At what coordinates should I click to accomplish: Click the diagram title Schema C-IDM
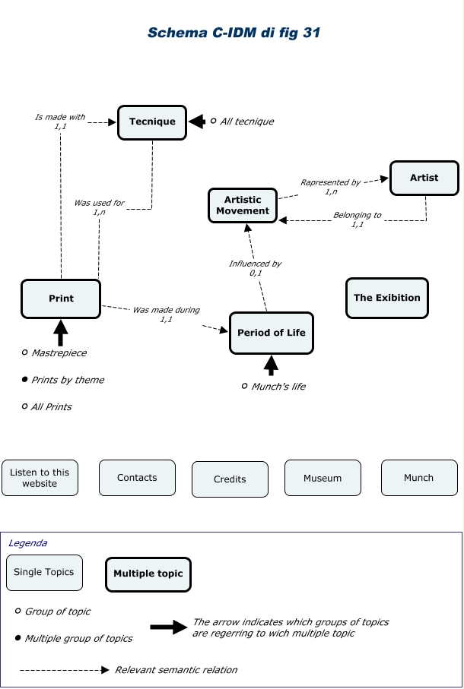click(234, 33)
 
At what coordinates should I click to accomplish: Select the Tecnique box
click(152, 122)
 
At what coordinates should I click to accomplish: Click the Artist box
click(424, 178)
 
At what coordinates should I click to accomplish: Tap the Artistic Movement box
click(243, 205)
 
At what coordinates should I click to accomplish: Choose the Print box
click(61, 299)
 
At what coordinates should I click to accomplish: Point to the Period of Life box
click(272, 333)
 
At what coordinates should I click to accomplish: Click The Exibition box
click(386, 298)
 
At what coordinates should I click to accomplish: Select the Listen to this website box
click(40, 478)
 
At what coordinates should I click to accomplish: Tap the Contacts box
click(137, 478)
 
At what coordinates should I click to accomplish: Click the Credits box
click(230, 479)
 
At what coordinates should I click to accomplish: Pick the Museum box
click(323, 478)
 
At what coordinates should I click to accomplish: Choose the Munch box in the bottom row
click(418, 478)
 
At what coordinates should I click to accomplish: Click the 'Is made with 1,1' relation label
click(60, 122)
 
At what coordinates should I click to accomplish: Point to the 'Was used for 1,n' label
click(99, 207)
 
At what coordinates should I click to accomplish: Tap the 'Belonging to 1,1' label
click(357, 220)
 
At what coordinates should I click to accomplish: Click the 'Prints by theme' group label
click(67, 380)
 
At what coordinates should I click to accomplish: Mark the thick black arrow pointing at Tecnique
click(197, 122)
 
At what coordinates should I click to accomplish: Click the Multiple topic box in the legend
click(148, 574)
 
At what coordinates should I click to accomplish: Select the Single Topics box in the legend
click(44, 573)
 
